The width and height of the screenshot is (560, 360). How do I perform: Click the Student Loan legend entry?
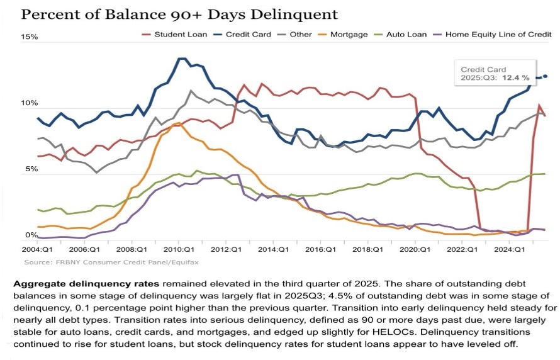[x=179, y=35]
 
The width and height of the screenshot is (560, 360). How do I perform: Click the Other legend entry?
[x=293, y=35]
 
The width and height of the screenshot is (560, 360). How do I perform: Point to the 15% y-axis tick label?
[x=30, y=37]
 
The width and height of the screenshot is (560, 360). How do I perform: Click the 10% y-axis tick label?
[x=30, y=103]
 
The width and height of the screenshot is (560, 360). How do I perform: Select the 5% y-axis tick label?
[x=31, y=169]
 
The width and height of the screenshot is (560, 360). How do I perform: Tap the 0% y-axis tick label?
[x=31, y=235]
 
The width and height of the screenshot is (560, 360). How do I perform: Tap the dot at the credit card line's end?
[x=545, y=76]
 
